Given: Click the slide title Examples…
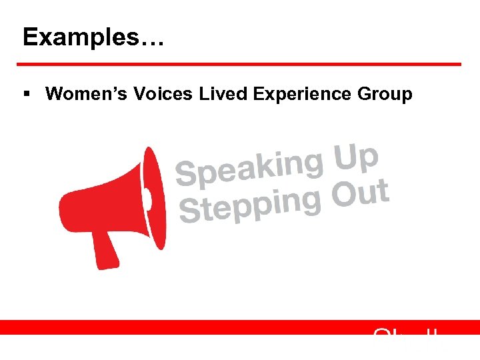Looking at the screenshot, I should pyautogui.click(x=93, y=37).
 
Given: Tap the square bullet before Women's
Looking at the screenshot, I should pyautogui.click(x=27, y=95).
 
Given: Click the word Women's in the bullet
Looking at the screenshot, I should pyautogui.click(x=84, y=94).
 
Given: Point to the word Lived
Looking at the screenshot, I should pyautogui.click(x=223, y=94).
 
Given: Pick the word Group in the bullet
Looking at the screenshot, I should pyautogui.click(x=385, y=95).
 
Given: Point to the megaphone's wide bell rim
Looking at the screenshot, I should pyautogui.click(x=155, y=198).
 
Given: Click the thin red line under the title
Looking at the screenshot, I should pyautogui.click(x=239, y=64).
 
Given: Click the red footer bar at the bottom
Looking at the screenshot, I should pyautogui.click(x=200, y=327).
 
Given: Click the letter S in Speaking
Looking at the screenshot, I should pyautogui.click(x=186, y=173).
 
